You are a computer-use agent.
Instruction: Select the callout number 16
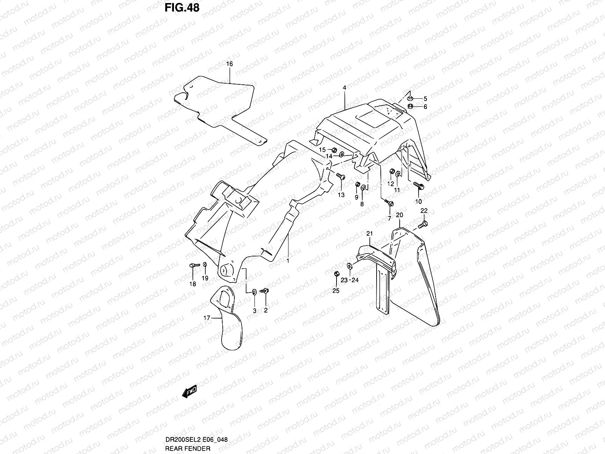click(230, 64)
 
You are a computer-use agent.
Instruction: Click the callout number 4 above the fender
click(344, 87)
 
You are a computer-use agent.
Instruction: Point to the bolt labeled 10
click(419, 186)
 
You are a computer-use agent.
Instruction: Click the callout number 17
click(206, 319)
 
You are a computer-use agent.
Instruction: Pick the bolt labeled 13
click(340, 176)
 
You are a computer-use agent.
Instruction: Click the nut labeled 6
click(411, 106)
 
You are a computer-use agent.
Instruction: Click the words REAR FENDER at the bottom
click(188, 449)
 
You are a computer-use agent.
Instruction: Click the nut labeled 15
click(334, 151)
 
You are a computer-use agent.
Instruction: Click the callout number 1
click(287, 261)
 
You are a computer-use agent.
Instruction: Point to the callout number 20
click(400, 215)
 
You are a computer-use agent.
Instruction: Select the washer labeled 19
click(205, 264)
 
